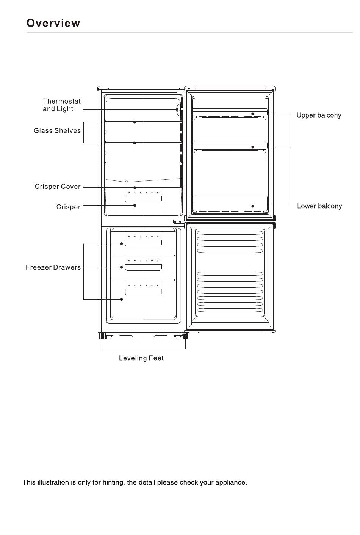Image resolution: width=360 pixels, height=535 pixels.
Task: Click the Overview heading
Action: (53, 23)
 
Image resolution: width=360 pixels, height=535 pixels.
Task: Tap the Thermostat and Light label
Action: (62, 105)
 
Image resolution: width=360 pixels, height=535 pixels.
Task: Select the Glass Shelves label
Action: (57, 131)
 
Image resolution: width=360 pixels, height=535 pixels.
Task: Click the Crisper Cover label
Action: (58, 187)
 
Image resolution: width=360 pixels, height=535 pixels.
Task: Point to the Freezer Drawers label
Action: (53, 267)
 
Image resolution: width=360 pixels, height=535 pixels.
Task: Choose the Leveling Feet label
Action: (141, 358)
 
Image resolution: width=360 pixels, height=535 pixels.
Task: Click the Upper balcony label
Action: (319, 115)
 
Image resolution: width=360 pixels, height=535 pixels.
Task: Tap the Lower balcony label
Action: (319, 206)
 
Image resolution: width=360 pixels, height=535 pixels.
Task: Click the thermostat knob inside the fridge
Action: (178, 110)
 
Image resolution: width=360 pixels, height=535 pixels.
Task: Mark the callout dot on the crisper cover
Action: (135, 187)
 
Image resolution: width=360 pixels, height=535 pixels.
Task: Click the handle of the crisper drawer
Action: (143, 195)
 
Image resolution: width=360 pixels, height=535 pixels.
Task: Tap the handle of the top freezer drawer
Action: (143, 239)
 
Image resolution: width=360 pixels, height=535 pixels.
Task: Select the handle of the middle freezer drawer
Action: (143, 263)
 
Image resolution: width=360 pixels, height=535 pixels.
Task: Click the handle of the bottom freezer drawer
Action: (143, 288)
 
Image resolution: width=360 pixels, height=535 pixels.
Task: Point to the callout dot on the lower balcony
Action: (253, 206)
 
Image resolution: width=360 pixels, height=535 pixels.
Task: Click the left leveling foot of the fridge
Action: (102, 336)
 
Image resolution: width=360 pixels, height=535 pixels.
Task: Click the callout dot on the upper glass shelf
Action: (135, 122)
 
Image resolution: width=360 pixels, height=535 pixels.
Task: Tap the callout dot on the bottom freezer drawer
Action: (122, 299)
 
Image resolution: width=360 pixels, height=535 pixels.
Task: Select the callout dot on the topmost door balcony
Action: (253, 114)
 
